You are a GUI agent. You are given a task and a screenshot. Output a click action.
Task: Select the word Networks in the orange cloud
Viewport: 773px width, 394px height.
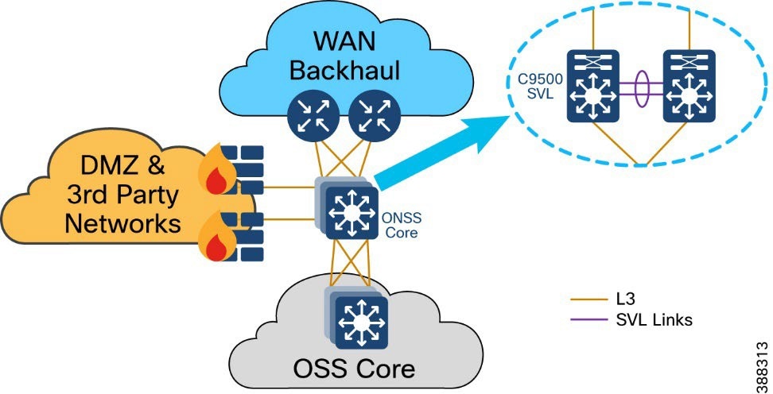pos(122,223)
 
